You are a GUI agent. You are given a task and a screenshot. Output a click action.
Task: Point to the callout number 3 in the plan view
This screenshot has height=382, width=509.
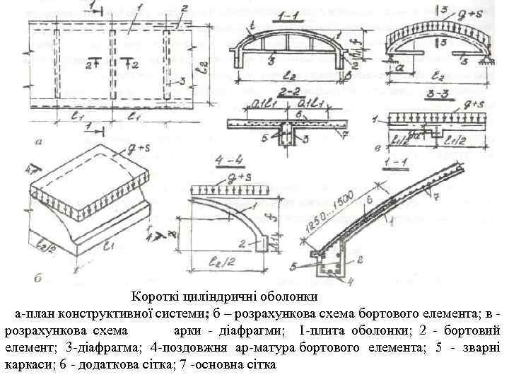(x=182, y=81)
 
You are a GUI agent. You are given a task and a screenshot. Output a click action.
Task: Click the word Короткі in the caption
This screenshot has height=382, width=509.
(x=153, y=296)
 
